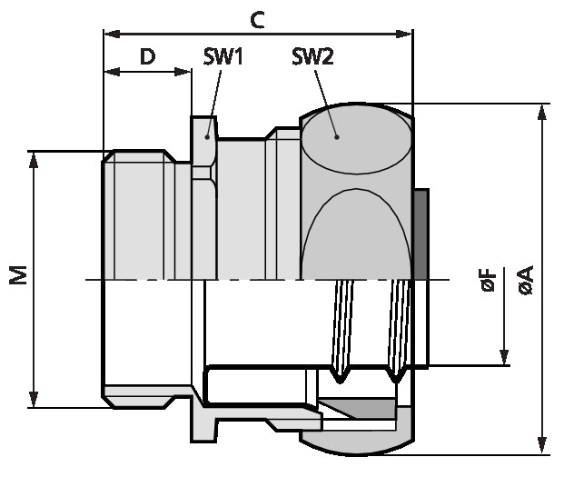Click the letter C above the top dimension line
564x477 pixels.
point(258,19)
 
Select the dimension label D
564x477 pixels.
point(147,56)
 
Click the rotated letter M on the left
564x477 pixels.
point(19,277)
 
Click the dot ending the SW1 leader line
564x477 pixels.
point(207,136)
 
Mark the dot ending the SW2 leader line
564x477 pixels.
point(337,137)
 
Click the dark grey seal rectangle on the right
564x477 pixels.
point(421,235)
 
